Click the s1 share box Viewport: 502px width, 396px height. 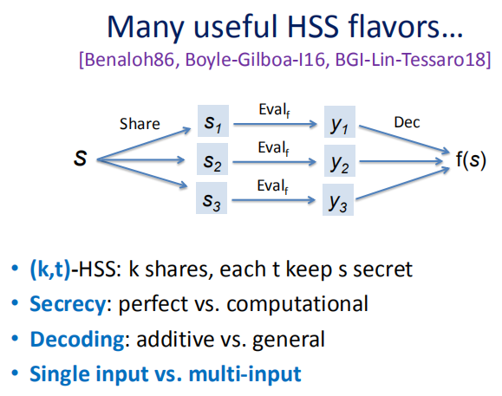[x=213, y=121]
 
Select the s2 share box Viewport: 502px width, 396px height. [x=212, y=159]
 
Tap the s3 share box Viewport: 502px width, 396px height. [x=212, y=198]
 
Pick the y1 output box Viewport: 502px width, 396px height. [x=340, y=121]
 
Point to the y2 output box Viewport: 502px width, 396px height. [x=340, y=160]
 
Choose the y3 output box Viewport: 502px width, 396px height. [x=338, y=199]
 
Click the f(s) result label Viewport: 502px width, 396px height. [x=471, y=159]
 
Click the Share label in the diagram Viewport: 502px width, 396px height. [x=140, y=124]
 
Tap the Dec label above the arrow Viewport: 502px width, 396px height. [x=407, y=122]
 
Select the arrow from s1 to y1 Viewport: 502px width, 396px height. [x=276, y=124]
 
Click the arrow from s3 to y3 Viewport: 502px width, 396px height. [x=274, y=200]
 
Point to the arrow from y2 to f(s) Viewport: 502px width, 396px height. [x=401, y=161]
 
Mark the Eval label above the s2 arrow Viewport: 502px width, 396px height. [x=274, y=148]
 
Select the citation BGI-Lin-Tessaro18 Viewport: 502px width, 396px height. [x=410, y=60]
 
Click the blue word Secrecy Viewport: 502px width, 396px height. [x=68, y=304]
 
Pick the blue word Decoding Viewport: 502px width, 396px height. [x=77, y=340]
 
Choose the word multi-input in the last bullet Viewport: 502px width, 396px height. [x=244, y=374]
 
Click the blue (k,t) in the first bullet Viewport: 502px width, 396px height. [x=50, y=269]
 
